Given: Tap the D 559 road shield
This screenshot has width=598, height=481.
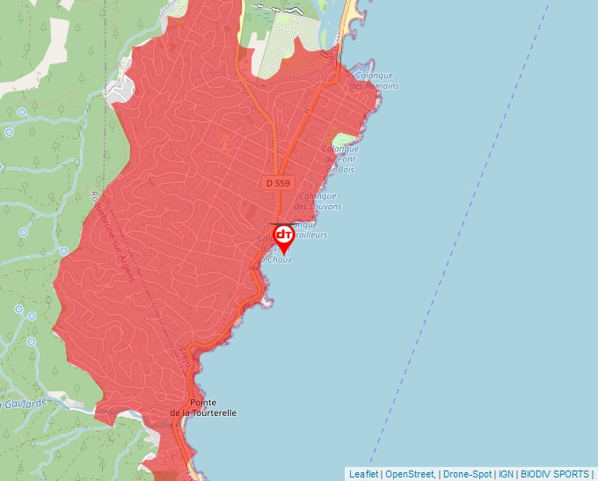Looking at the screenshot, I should click(276, 183).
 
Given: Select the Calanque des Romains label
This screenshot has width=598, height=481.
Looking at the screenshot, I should click(375, 81).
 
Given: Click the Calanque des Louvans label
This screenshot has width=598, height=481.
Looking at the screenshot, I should click(317, 201).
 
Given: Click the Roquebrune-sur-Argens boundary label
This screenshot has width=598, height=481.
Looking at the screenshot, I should click(112, 237).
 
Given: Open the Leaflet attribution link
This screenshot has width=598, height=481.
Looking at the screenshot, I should click(363, 474).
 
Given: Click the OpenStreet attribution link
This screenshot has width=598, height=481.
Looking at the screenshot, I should click(410, 474).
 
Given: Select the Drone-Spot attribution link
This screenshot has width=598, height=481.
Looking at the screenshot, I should click(468, 474).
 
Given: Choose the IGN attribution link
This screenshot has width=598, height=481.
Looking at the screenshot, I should click(507, 474).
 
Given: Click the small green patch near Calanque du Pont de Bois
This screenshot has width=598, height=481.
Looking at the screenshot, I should click(341, 140).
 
